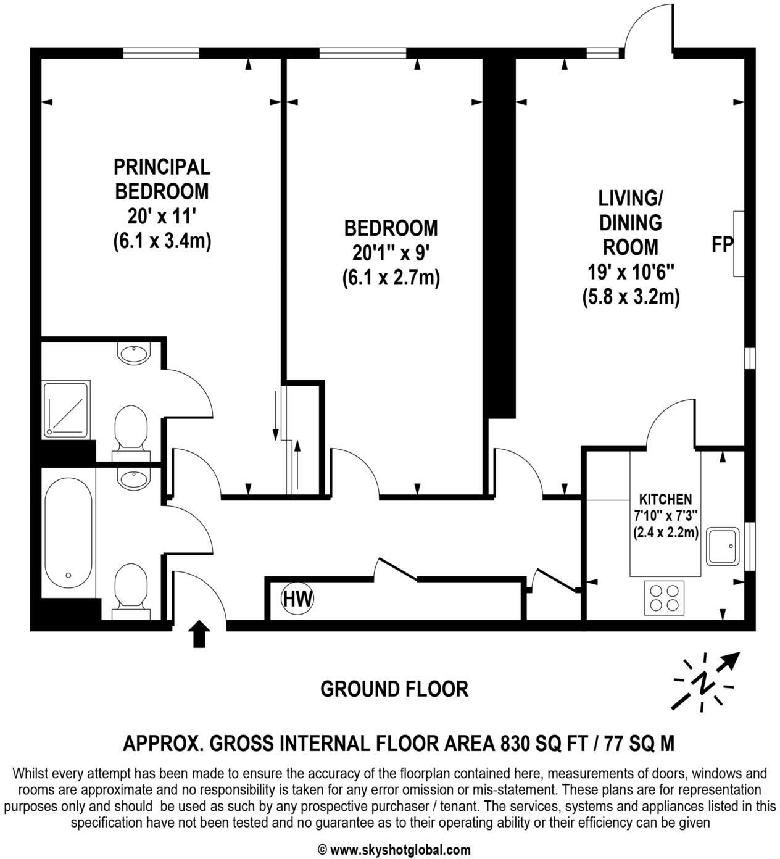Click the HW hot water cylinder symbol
(x=297, y=598)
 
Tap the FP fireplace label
(x=722, y=245)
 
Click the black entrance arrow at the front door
(x=199, y=634)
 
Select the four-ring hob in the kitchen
(x=665, y=597)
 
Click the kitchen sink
(x=723, y=546)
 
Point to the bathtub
(x=68, y=533)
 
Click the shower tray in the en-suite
(x=66, y=409)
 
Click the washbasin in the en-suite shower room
(x=133, y=354)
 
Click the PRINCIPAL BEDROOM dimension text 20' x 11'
(x=162, y=216)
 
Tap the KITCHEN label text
(x=665, y=499)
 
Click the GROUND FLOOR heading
(x=394, y=689)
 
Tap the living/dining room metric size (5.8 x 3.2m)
(x=631, y=297)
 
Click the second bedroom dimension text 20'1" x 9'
(x=391, y=253)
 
